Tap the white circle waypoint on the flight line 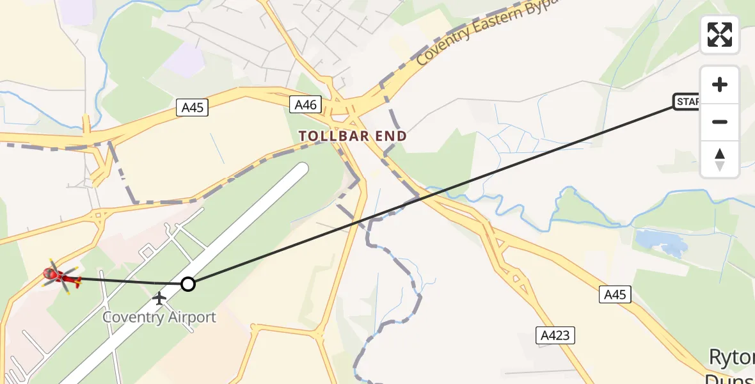(x=187, y=284)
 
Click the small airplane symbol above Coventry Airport (x=159, y=298)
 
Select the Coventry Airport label (x=159, y=317)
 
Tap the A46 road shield (x=305, y=104)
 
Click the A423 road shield (x=555, y=335)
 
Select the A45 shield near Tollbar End (x=192, y=108)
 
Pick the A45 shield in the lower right (x=616, y=294)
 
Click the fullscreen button (x=720, y=35)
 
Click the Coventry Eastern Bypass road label (x=486, y=32)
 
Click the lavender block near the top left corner (x=77, y=12)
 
